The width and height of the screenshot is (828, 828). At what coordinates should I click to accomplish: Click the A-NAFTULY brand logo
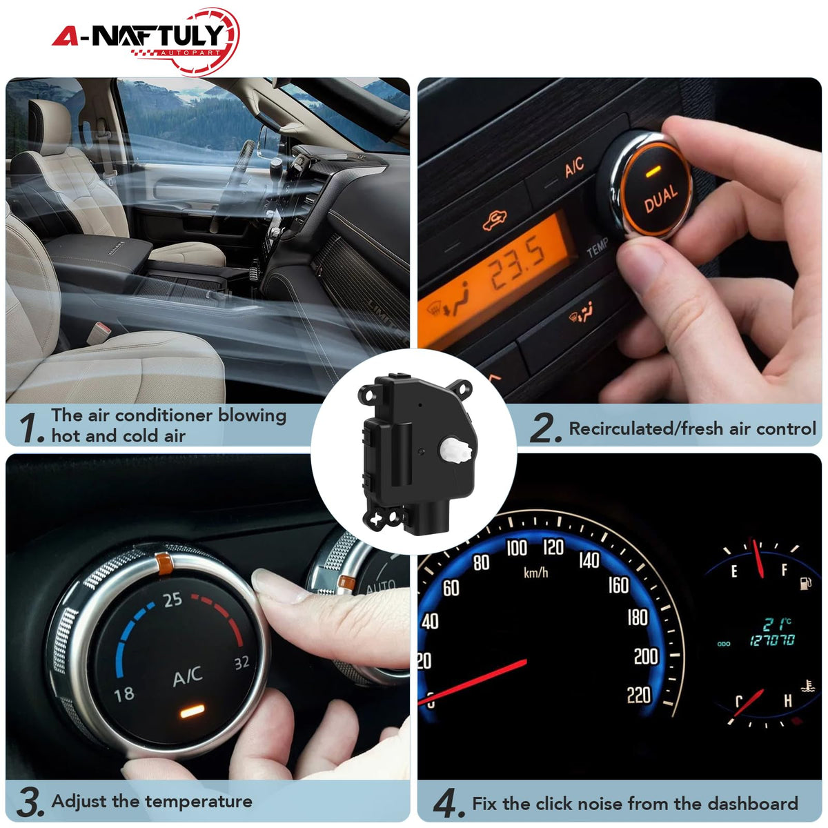(146, 41)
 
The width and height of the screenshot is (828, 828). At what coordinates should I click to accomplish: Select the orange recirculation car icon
(494, 220)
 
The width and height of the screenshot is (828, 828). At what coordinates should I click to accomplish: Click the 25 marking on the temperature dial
(172, 600)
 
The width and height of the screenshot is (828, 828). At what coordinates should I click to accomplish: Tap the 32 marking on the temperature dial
(241, 662)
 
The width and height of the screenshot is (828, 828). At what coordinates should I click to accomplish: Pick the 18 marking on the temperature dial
(124, 695)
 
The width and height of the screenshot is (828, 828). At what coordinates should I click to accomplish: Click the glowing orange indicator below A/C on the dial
(192, 711)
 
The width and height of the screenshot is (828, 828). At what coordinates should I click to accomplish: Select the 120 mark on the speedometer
(553, 548)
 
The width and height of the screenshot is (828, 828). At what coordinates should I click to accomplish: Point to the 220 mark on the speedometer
(639, 696)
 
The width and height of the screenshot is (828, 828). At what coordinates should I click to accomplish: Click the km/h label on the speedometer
(536, 572)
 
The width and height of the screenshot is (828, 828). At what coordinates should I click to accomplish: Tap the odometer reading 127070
(772, 641)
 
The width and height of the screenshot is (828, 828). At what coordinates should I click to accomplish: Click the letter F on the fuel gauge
(784, 571)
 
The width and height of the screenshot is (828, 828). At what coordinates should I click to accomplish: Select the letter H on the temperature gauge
(787, 701)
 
